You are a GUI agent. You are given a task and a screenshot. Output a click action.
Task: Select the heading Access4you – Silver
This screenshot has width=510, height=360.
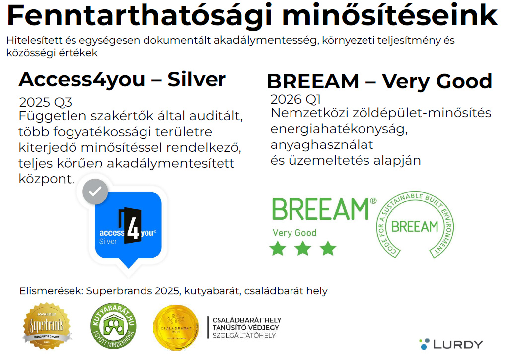click(x=122, y=79)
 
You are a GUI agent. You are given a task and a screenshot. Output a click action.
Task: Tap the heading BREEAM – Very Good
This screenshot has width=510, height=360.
click(x=379, y=81)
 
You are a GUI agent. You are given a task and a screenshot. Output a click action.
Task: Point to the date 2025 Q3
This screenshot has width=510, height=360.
click(x=46, y=103)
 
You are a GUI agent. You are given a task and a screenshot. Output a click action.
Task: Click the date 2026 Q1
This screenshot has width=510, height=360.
click(x=296, y=99)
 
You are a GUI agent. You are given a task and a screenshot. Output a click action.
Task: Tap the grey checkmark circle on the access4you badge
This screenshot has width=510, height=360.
click(x=95, y=191)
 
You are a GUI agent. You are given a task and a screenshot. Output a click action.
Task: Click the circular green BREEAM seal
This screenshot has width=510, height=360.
click(x=415, y=226)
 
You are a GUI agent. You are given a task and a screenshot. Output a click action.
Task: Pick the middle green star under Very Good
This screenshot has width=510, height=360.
click(x=303, y=248)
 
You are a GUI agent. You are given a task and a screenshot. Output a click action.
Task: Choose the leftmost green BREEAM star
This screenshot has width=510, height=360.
click(x=278, y=248)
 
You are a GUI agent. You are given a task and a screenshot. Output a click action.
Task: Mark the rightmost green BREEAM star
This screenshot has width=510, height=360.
click(x=328, y=248)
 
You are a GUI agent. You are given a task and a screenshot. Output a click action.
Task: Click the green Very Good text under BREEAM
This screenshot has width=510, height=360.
click(x=294, y=233)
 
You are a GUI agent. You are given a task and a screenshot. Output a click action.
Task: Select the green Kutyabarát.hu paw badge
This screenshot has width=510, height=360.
click(x=113, y=326)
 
